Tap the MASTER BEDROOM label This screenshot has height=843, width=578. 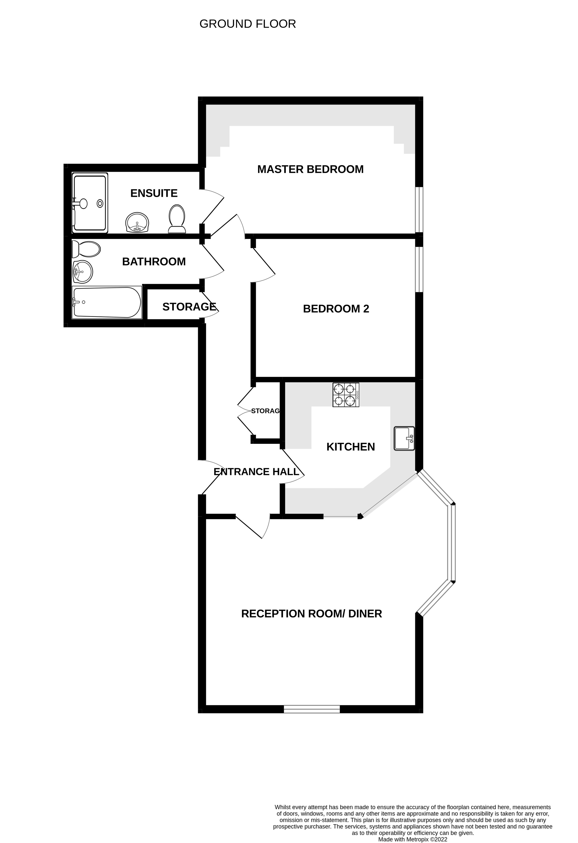[310, 169]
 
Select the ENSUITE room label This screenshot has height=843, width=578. [154, 193]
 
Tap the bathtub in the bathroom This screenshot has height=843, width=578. [107, 303]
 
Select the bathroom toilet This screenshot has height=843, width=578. [86, 249]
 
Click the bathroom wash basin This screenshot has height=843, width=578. [83, 271]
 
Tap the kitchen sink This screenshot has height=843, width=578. [404, 439]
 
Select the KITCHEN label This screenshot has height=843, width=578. [350, 447]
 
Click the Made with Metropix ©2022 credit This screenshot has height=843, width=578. [412, 839]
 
